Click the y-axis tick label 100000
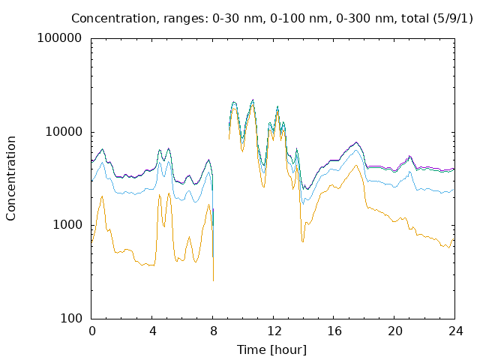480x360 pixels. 60,38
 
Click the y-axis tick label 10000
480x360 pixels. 63,132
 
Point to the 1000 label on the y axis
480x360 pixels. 67,225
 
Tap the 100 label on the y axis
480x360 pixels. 71,318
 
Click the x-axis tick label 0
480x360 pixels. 91,331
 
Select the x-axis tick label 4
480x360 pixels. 152,331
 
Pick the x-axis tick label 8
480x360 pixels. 213,331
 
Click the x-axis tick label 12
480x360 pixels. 274,331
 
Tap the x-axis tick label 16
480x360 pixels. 334,331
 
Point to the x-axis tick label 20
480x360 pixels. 395,331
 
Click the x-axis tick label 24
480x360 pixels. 455,331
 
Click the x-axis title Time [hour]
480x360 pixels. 271,350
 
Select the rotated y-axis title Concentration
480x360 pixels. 10,178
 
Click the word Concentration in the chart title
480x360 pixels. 115,19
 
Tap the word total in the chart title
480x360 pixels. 414,19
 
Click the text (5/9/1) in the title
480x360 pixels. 452,19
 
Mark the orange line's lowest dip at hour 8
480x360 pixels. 213,280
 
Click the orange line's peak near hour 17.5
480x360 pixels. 356,165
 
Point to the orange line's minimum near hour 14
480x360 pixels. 303,242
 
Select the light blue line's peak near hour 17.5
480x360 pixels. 356,150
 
